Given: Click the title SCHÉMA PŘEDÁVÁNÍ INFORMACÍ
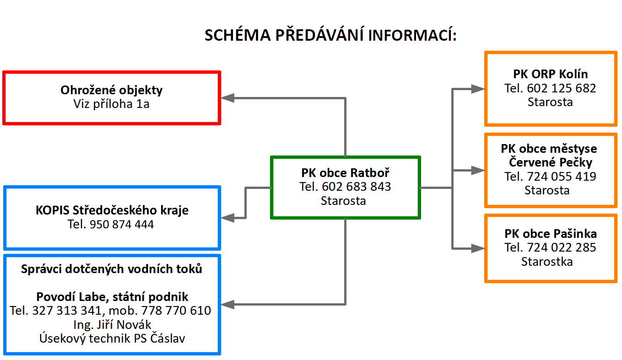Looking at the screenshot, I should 330,36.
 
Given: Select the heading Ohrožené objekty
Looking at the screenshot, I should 111,90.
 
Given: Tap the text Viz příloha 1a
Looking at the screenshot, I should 111,104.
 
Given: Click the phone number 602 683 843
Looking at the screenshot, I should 357,187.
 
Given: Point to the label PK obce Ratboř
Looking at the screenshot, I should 345,173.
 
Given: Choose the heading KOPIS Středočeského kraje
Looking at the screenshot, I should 112,210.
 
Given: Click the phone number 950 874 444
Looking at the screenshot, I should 122,225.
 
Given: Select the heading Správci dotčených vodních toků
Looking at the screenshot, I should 112,269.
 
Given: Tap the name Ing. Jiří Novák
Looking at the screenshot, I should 112,325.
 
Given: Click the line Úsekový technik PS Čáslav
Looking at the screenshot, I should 112,339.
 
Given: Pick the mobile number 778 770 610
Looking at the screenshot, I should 175,311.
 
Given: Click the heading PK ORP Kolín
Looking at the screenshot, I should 550,74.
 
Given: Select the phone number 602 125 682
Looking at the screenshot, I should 562,88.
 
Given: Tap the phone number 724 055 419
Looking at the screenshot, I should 562,177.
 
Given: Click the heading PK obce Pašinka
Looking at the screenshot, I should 550,234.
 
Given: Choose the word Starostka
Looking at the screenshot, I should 547,262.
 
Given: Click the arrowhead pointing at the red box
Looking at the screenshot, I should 227,97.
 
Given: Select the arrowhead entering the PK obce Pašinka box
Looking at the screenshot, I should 478,248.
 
